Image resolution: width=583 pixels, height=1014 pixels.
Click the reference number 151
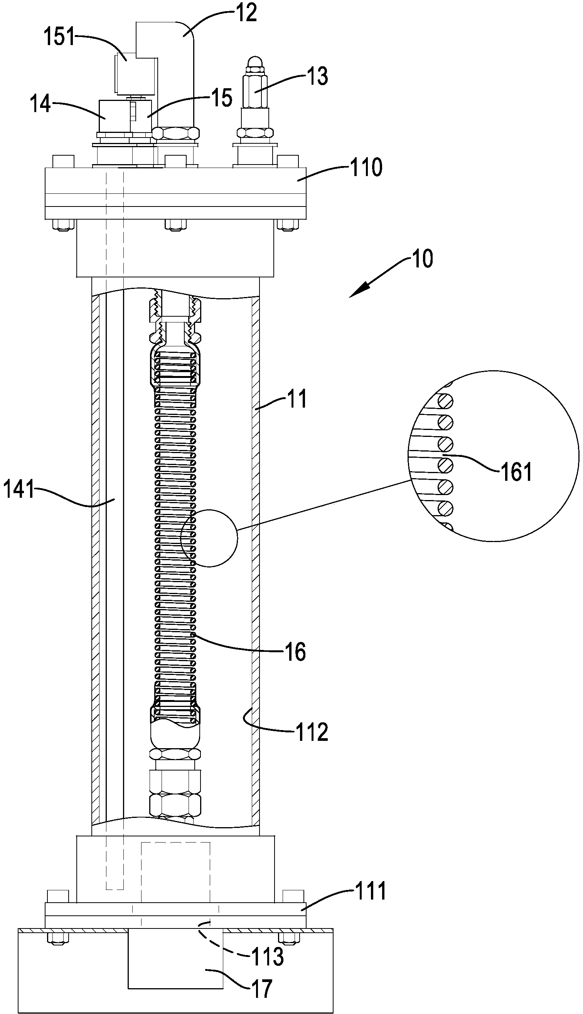click(59, 37)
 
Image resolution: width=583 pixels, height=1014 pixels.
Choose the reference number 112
click(312, 732)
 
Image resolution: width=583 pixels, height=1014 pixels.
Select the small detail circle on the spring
click(209, 538)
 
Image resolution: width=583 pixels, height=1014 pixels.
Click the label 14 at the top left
click(41, 104)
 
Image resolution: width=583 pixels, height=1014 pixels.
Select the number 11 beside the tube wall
click(297, 399)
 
